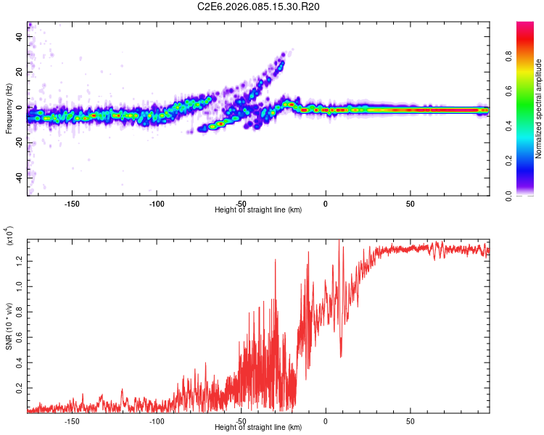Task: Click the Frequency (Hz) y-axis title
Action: click(x=9, y=109)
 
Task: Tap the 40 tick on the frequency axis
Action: click(x=19, y=38)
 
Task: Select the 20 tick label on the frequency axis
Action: click(x=19, y=73)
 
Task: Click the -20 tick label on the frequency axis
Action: click(x=17, y=143)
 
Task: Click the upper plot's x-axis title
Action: click(x=258, y=210)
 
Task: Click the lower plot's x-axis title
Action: click(x=258, y=427)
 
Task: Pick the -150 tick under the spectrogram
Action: click(x=72, y=204)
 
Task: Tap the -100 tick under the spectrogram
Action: click(x=156, y=204)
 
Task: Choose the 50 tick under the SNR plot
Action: click(x=410, y=420)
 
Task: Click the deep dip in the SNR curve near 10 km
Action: click(x=341, y=357)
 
